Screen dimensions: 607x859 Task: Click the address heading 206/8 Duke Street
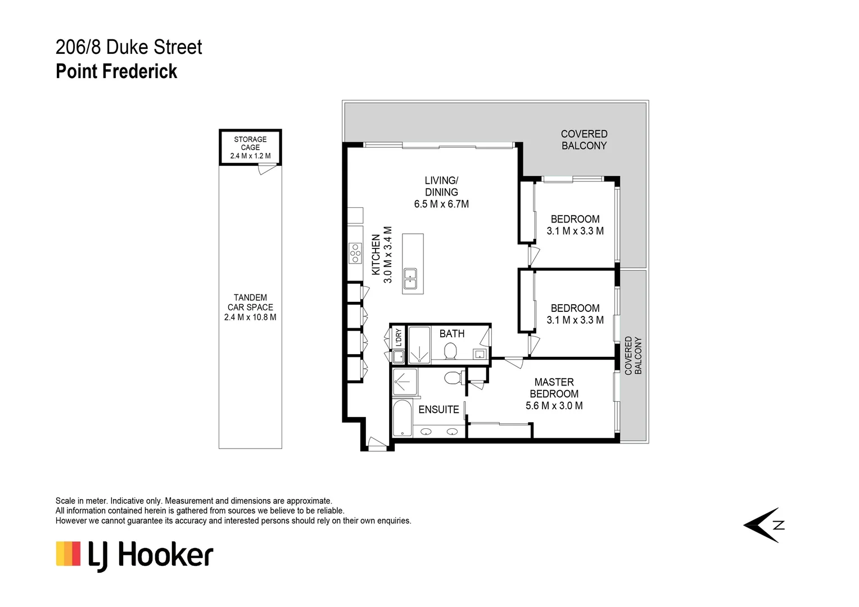(129, 47)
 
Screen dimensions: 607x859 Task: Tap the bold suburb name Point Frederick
(116, 72)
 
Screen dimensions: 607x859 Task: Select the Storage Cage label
(250, 147)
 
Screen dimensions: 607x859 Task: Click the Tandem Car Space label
(250, 307)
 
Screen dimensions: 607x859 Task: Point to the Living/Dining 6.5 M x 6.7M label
(441, 192)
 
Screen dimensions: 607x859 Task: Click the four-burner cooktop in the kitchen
(355, 253)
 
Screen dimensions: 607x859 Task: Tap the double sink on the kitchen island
(410, 279)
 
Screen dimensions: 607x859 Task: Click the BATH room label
(452, 334)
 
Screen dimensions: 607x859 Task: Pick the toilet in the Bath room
(450, 351)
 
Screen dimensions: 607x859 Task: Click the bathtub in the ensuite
(402, 418)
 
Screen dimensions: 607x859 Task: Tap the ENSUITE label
(438, 410)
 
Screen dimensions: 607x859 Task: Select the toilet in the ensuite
(453, 377)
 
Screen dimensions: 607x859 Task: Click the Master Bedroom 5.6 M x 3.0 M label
(554, 394)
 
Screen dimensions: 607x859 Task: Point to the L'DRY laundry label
(399, 337)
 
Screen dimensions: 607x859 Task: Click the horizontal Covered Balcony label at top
(584, 140)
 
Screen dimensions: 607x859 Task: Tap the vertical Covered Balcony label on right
(633, 356)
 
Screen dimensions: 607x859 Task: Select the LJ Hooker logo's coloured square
(68, 554)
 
